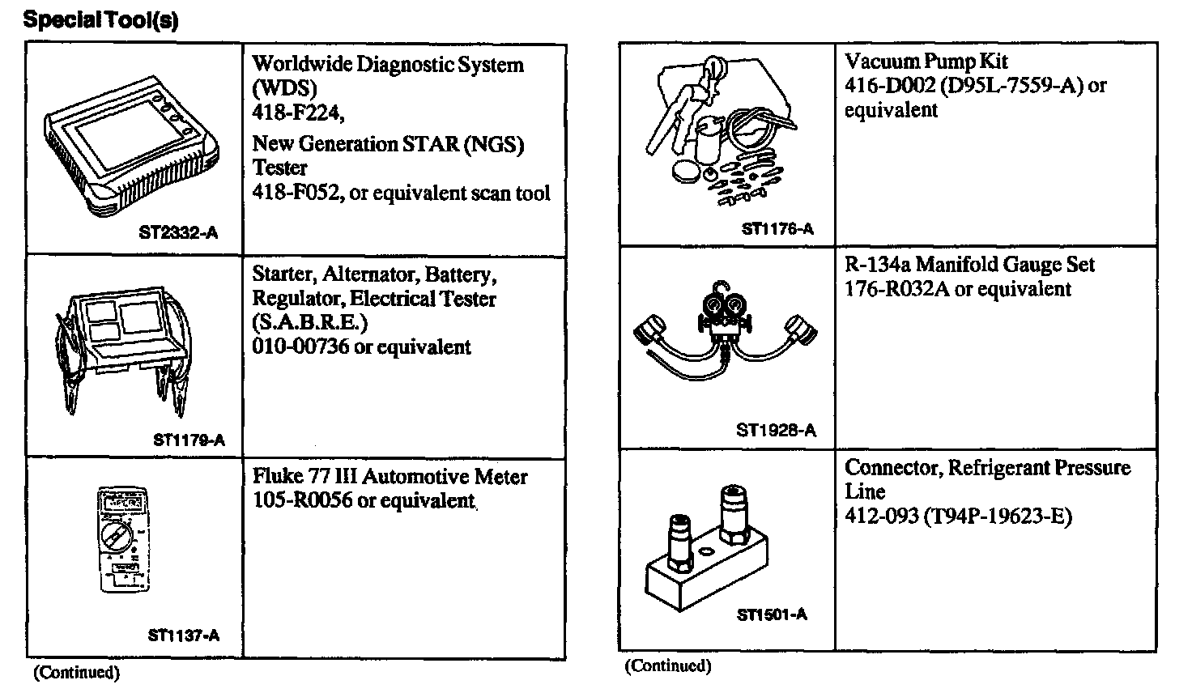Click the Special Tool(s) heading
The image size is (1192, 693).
click(100, 19)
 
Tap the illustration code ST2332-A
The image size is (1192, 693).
click(178, 233)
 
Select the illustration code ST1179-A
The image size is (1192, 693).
click(189, 440)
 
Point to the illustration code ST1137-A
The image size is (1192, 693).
click(184, 636)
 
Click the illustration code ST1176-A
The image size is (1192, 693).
click(777, 229)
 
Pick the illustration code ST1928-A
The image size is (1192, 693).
click(776, 430)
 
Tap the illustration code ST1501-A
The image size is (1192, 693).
click(772, 614)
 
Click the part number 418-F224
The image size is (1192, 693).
click(298, 114)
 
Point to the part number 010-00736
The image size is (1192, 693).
click(300, 347)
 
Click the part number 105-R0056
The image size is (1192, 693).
click(302, 500)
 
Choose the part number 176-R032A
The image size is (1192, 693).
click(896, 289)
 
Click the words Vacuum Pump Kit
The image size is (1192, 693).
click(926, 61)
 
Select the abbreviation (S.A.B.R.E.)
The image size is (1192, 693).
click(309, 323)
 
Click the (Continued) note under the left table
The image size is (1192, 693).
click(76, 672)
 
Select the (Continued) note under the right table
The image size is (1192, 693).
click(668, 665)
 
